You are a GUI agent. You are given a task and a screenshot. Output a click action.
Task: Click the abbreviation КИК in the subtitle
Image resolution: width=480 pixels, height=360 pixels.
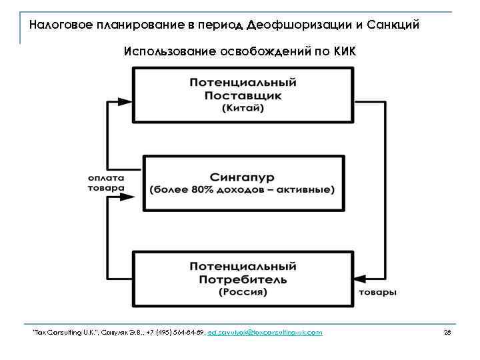[344, 52]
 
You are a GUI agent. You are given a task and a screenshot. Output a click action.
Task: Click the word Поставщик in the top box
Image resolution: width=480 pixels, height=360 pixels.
[243, 95]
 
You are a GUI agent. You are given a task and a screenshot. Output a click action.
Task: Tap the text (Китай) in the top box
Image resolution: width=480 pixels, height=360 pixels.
[243, 108]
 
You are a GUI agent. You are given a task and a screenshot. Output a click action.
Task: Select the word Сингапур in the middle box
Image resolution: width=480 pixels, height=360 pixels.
[243, 177]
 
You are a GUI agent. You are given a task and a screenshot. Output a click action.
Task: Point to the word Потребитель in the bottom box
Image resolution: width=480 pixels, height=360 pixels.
[243, 279]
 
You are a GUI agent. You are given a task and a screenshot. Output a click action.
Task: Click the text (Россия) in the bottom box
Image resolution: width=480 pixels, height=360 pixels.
[243, 291]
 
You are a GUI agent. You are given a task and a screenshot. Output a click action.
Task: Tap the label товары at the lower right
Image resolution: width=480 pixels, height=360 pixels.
[378, 293]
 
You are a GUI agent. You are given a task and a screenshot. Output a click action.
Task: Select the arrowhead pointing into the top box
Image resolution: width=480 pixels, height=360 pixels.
[131, 102]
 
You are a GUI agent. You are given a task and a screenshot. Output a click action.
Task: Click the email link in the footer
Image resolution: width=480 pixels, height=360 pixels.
[265, 332]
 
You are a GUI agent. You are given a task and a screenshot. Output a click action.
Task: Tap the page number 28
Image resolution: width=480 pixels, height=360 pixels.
[447, 332]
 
